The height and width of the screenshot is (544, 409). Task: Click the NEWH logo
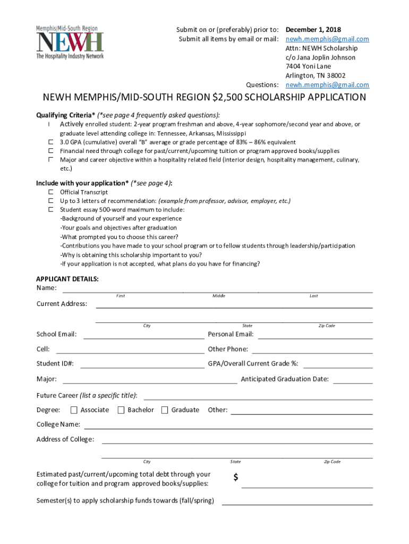tap(70, 42)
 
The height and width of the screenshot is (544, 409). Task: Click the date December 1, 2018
tap(313, 30)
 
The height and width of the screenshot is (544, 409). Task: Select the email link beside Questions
tap(327, 85)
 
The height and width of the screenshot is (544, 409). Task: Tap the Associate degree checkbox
tap(74, 410)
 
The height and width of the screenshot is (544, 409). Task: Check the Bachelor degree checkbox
tap(121, 410)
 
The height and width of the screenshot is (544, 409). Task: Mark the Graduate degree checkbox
tap(165, 410)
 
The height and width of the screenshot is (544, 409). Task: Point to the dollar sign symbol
tap(236, 478)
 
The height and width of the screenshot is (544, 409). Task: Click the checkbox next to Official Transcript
tap(51, 192)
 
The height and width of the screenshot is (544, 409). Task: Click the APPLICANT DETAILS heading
tap(67, 279)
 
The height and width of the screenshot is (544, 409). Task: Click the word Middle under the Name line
tap(219, 296)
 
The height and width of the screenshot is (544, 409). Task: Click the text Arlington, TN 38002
tap(315, 75)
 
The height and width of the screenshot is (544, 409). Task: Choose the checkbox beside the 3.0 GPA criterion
tap(51, 142)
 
